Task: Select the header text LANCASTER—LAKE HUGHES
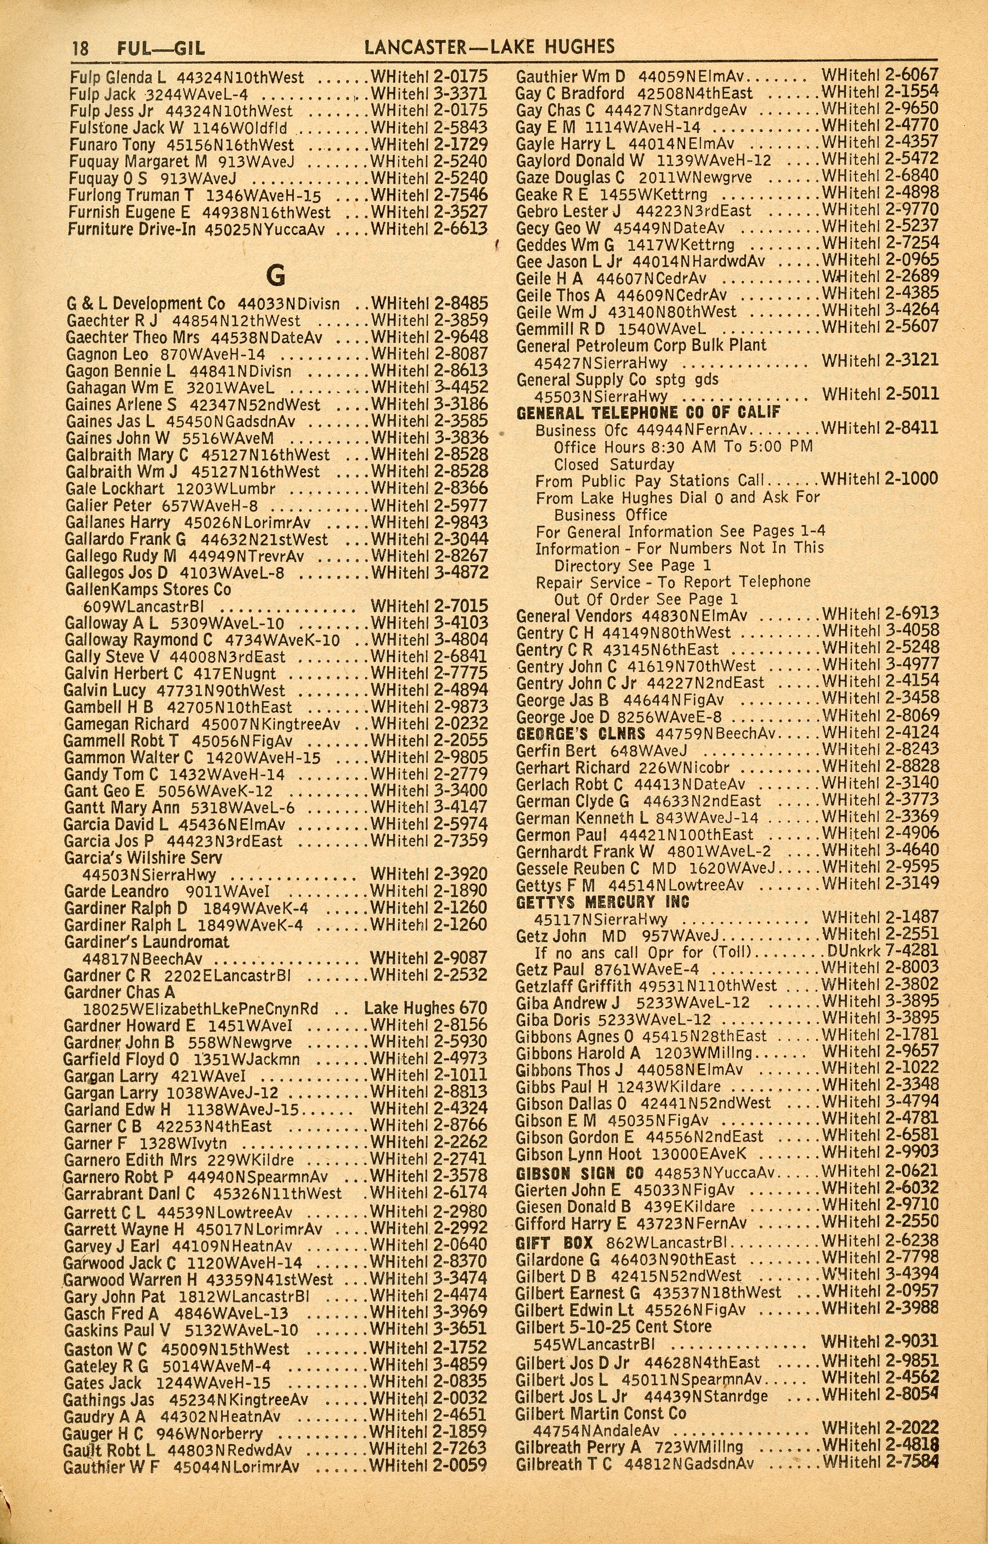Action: point(489,46)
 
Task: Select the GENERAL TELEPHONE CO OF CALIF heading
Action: point(648,412)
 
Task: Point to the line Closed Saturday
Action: point(614,464)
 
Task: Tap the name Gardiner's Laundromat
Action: point(146,942)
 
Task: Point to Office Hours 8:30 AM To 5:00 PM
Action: point(683,447)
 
